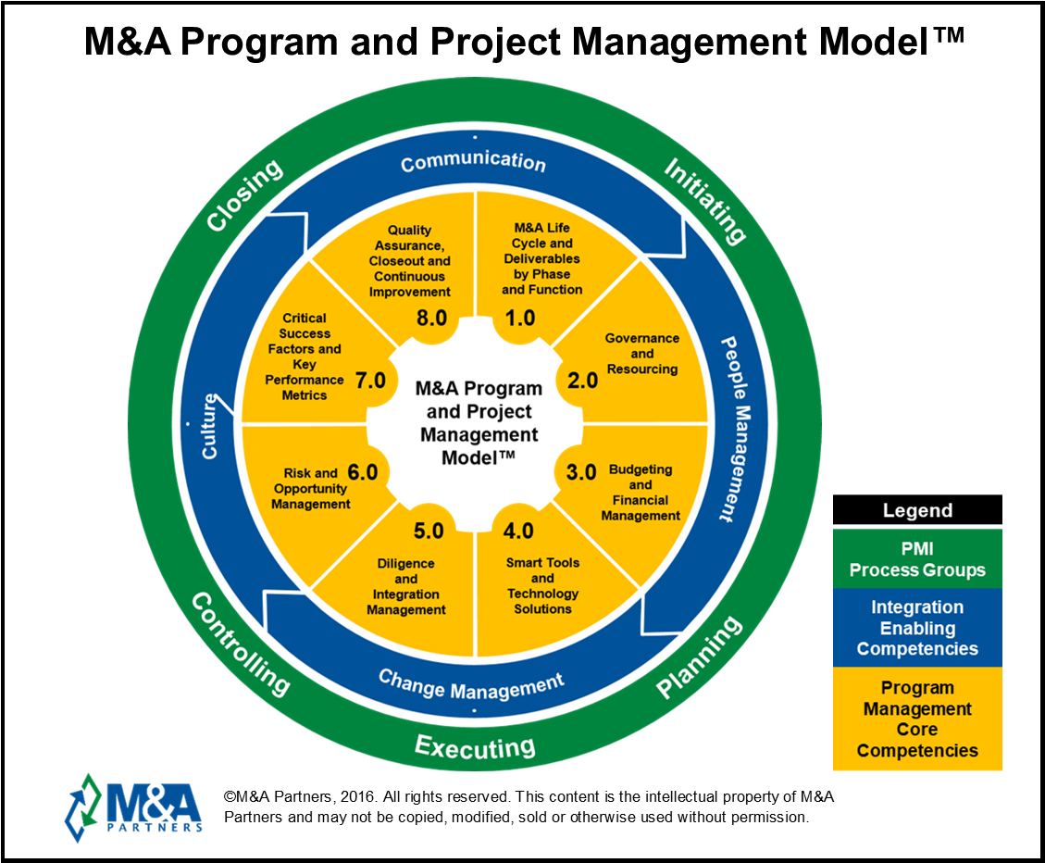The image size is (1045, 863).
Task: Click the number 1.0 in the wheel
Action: tap(519, 319)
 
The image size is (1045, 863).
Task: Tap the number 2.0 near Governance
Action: tap(582, 381)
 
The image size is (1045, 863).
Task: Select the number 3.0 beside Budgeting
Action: tap(581, 472)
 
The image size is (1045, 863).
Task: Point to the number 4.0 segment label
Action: tap(518, 532)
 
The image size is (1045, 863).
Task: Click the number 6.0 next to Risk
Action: tap(362, 472)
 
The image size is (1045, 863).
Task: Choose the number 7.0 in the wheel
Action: tap(369, 380)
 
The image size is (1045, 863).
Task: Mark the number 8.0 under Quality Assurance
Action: tap(431, 319)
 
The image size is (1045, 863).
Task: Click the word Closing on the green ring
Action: tap(243, 196)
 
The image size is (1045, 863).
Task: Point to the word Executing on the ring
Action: tap(474, 746)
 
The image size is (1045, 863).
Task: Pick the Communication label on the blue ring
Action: tap(473, 162)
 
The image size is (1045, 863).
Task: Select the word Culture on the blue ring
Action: tap(211, 426)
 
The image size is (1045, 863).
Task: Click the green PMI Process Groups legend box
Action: tap(917, 558)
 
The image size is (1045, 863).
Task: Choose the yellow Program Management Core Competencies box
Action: tap(917, 719)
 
